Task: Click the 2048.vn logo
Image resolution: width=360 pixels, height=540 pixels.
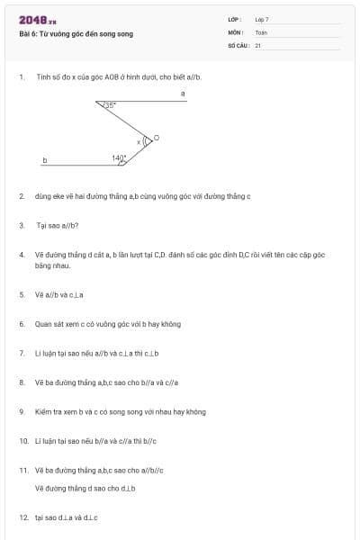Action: click(37, 20)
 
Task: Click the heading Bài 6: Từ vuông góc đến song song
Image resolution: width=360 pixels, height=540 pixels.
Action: click(76, 33)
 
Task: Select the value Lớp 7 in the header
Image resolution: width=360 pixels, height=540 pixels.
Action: click(262, 19)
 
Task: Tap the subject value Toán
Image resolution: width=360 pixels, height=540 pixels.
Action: click(261, 31)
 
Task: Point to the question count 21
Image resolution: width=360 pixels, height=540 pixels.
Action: click(258, 44)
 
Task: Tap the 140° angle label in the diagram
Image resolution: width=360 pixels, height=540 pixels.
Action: click(119, 157)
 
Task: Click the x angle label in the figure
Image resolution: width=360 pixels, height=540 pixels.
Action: click(139, 142)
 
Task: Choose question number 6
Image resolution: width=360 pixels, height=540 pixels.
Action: click(22, 323)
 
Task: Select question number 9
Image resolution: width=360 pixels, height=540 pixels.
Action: click(22, 411)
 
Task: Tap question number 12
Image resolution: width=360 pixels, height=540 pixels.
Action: click(23, 517)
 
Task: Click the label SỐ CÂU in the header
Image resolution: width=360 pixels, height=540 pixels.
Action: click(238, 44)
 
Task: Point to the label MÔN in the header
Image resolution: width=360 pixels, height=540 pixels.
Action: click(235, 31)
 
